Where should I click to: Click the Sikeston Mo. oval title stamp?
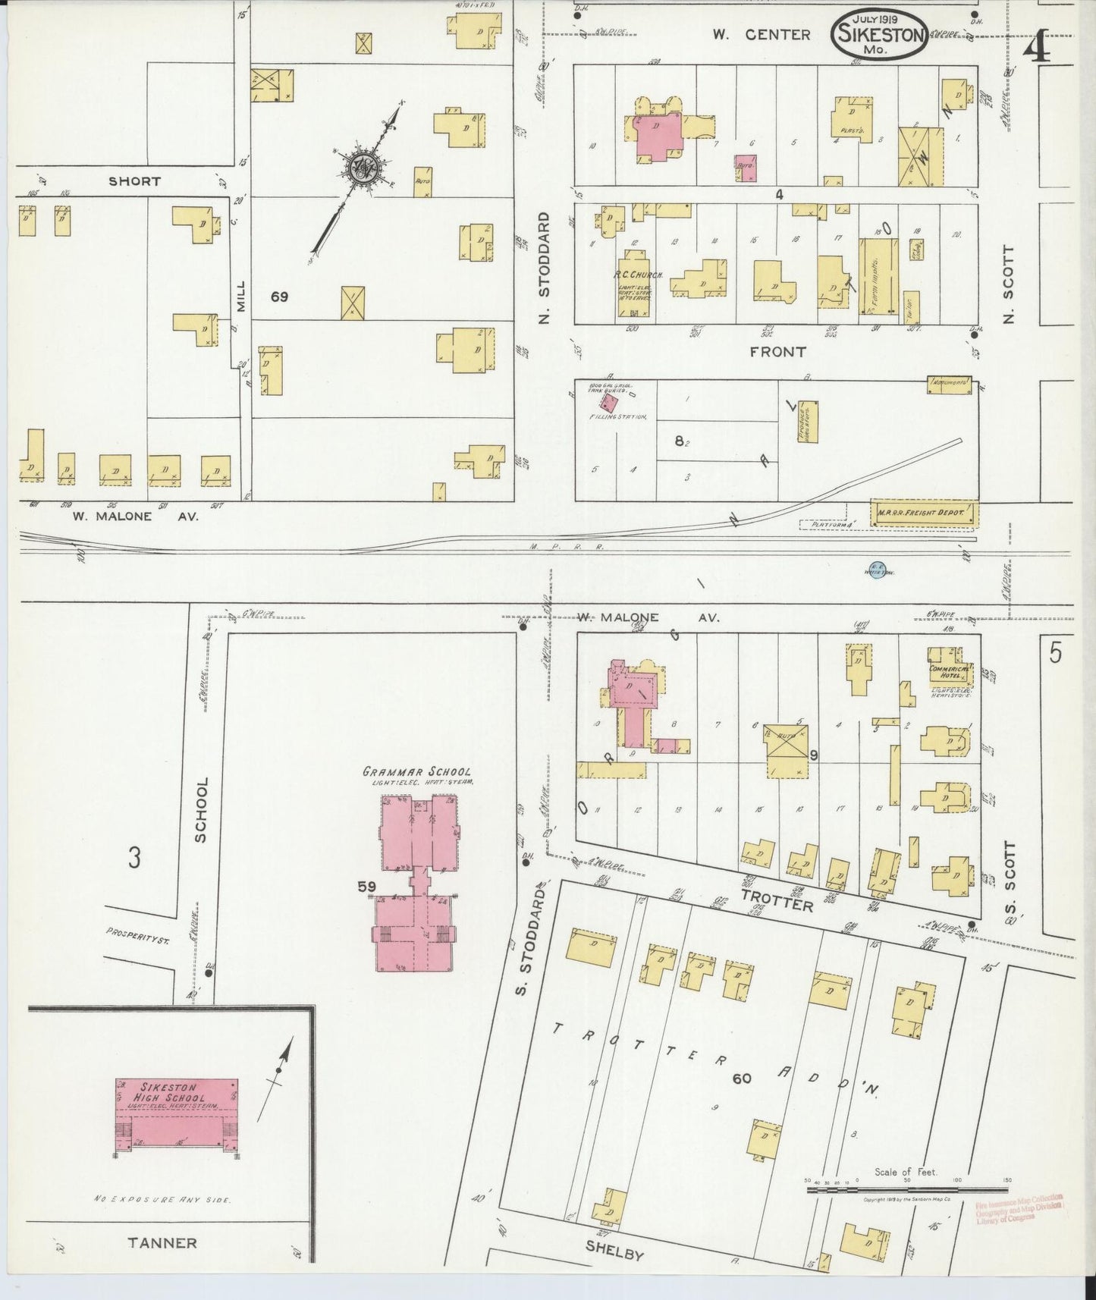(x=880, y=34)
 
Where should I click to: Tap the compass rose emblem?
(x=363, y=165)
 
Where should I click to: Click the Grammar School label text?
(x=416, y=771)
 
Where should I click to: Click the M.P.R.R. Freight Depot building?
(x=924, y=513)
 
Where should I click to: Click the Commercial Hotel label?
(x=945, y=671)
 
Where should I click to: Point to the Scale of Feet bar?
(x=907, y=1190)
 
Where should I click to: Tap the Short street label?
(x=134, y=181)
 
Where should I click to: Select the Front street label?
(x=777, y=352)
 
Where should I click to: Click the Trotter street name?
(x=777, y=900)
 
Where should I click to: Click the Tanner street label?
(x=162, y=1243)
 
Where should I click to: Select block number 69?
(x=279, y=297)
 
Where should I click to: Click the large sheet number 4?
(x=1037, y=47)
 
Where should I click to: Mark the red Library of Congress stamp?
(x=1018, y=1209)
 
